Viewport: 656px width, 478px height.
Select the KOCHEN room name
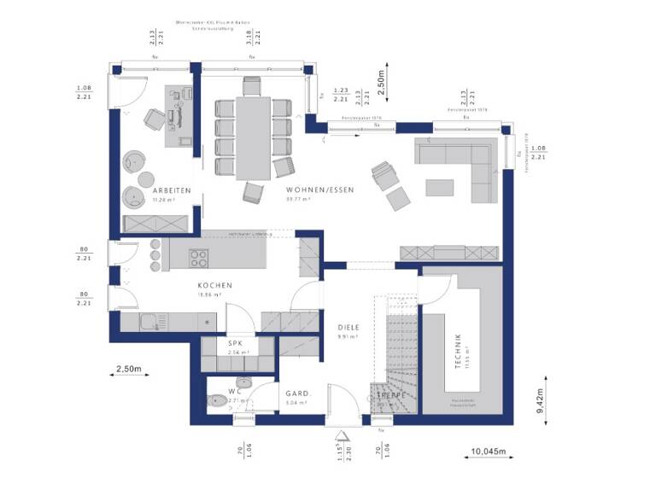[x=214, y=286]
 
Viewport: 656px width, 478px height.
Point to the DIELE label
[x=348, y=326]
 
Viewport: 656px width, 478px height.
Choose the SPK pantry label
[x=235, y=343]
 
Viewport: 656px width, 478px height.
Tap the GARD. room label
[x=296, y=393]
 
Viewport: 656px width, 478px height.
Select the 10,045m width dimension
[x=489, y=451]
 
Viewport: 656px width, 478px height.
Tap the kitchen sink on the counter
[x=150, y=322]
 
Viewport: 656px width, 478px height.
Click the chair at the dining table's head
[x=251, y=85]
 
